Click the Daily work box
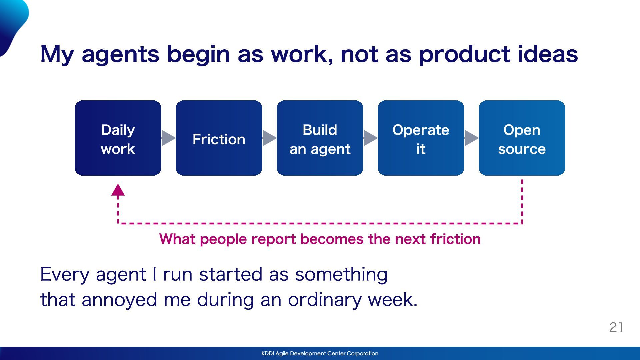click(118, 138)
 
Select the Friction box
click(219, 138)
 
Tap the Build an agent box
click(320, 138)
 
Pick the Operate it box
click(421, 138)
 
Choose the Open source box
click(522, 138)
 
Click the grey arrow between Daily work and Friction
click(168, 138)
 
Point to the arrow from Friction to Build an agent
click(269, 138)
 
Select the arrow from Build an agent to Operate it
click(370, 138)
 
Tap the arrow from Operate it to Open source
click(471, 138)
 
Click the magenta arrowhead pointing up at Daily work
click(118, 190)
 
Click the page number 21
click(616, 327)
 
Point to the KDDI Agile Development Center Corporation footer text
click(320, 353)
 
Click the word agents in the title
click(120, 55)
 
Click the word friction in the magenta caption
click(455, 239)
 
